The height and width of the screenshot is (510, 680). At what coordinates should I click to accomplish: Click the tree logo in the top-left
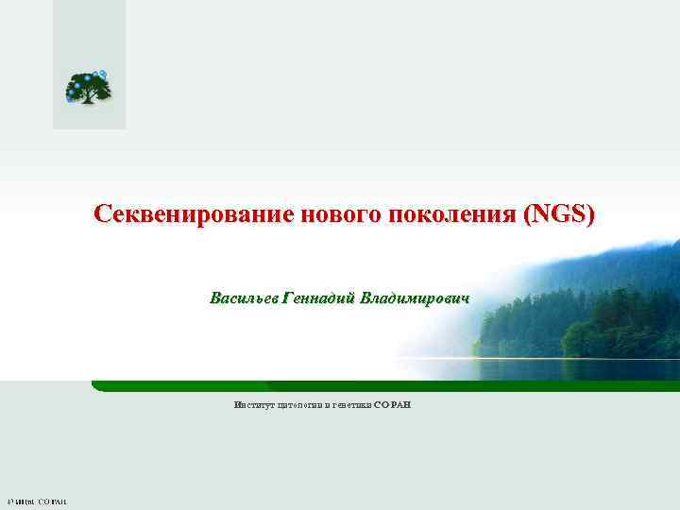click(88, 87)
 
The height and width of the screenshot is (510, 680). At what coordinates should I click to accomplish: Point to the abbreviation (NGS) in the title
click(561, 215)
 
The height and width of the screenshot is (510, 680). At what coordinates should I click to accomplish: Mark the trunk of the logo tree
click(90, 96)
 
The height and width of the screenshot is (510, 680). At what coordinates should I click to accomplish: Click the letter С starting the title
click(102, 215)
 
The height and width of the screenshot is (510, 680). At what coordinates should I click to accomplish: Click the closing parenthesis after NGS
click(591, 215)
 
